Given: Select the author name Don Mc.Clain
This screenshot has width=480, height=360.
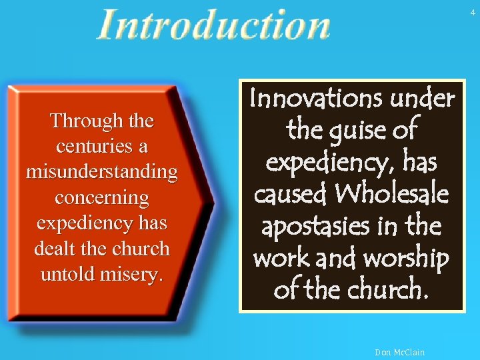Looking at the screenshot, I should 400,352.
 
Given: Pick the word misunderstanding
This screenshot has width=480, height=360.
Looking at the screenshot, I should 102,172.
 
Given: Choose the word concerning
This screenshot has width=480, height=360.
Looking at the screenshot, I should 102,198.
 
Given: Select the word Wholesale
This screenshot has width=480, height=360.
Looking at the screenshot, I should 391,194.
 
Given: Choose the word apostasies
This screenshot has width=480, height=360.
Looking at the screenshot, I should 315,227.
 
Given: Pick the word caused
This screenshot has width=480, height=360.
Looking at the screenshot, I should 290,194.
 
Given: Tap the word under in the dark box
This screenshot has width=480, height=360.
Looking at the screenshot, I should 423,99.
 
